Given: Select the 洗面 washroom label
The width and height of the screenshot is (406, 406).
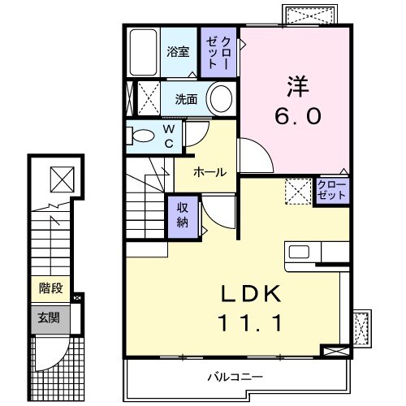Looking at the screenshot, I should (x=187, y=100).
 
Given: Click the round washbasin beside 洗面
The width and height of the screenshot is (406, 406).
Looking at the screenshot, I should (x=221, y=100).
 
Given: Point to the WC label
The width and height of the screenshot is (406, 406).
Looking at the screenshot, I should (x=169, y=136).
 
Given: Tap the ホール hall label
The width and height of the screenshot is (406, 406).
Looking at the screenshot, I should (x=210, y=172).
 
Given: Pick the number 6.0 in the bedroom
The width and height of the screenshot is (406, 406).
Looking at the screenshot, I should (x=296, y=115).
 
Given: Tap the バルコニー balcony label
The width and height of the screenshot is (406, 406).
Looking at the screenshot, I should (x=234, y=376).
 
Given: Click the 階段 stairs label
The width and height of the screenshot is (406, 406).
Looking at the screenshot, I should (x=51, y=287).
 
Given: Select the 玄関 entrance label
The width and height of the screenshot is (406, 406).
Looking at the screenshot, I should (x=51, y=317).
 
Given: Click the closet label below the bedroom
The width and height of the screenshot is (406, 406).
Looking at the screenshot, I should (x=331, y=192).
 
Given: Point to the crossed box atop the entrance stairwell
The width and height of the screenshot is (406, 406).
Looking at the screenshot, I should (x=60, y=176).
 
